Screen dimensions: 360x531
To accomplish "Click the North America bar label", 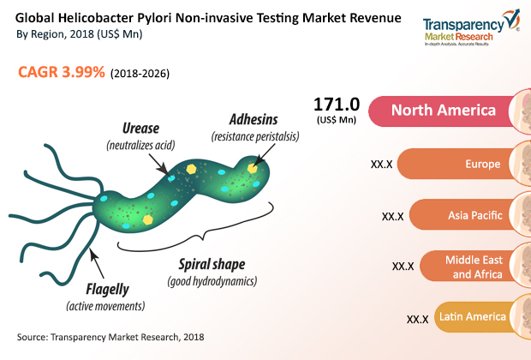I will [x=443, y=111].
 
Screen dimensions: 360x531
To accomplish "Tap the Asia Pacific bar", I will [x=467, y=215].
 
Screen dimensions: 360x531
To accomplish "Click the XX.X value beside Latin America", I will [x=417, y=319].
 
